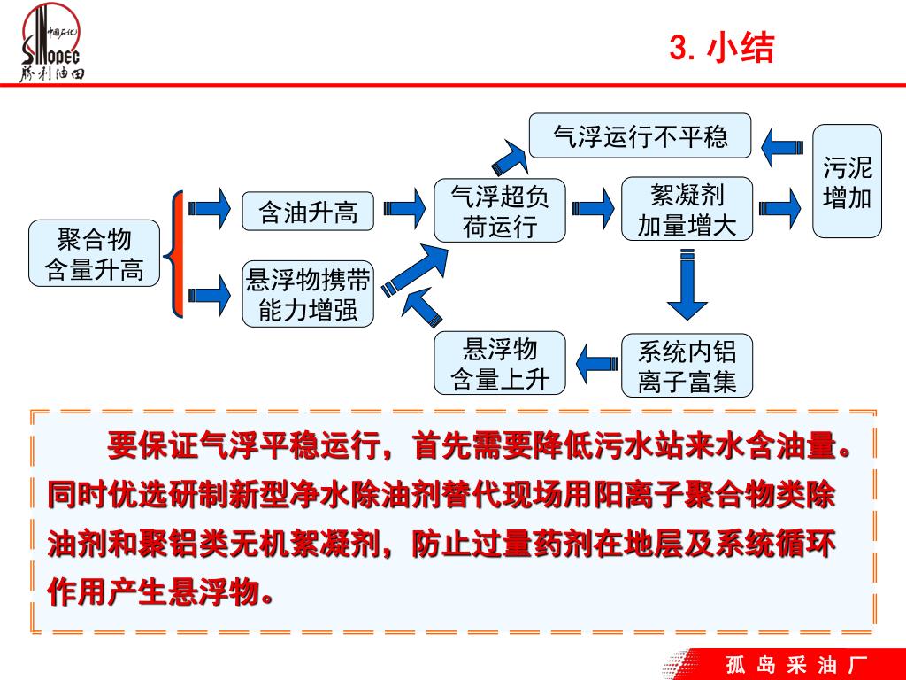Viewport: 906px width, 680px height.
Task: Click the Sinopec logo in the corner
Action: point(52,44)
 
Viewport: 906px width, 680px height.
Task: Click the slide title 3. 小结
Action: point(721,48)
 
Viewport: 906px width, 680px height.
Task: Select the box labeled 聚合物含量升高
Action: point(95,253)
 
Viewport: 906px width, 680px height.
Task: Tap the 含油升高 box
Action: point(308,211)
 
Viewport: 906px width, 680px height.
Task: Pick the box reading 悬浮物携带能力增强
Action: point(308,295)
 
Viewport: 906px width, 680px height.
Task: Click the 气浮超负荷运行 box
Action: point(499,211)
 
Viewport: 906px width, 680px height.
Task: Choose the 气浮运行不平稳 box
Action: point(640,136)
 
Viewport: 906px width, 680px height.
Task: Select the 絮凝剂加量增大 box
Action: point(687,210)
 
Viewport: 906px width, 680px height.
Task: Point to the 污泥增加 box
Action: point(847,182)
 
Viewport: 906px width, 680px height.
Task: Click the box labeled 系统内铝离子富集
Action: point(687,365)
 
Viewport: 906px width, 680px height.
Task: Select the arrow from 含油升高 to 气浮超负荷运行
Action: point(405,210)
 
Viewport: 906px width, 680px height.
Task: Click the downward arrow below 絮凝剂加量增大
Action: point(687,285)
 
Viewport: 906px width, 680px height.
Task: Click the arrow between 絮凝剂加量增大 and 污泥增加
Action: point(780,210)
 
